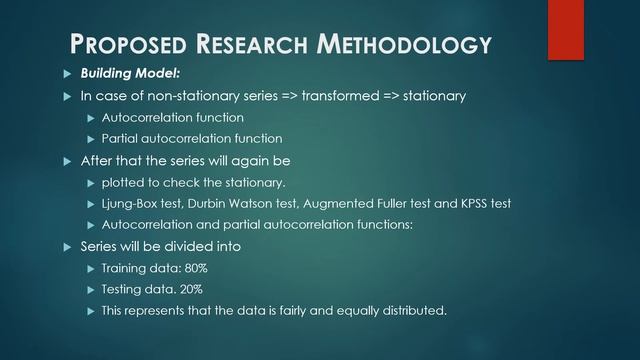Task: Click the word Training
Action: click(x=125, y=268)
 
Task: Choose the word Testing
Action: click(x=122, y=289)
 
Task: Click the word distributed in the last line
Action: click(x=411, y=310)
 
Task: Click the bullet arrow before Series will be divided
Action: click(x=67, y=246)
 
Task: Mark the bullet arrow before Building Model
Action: click(x=67, y=73)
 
